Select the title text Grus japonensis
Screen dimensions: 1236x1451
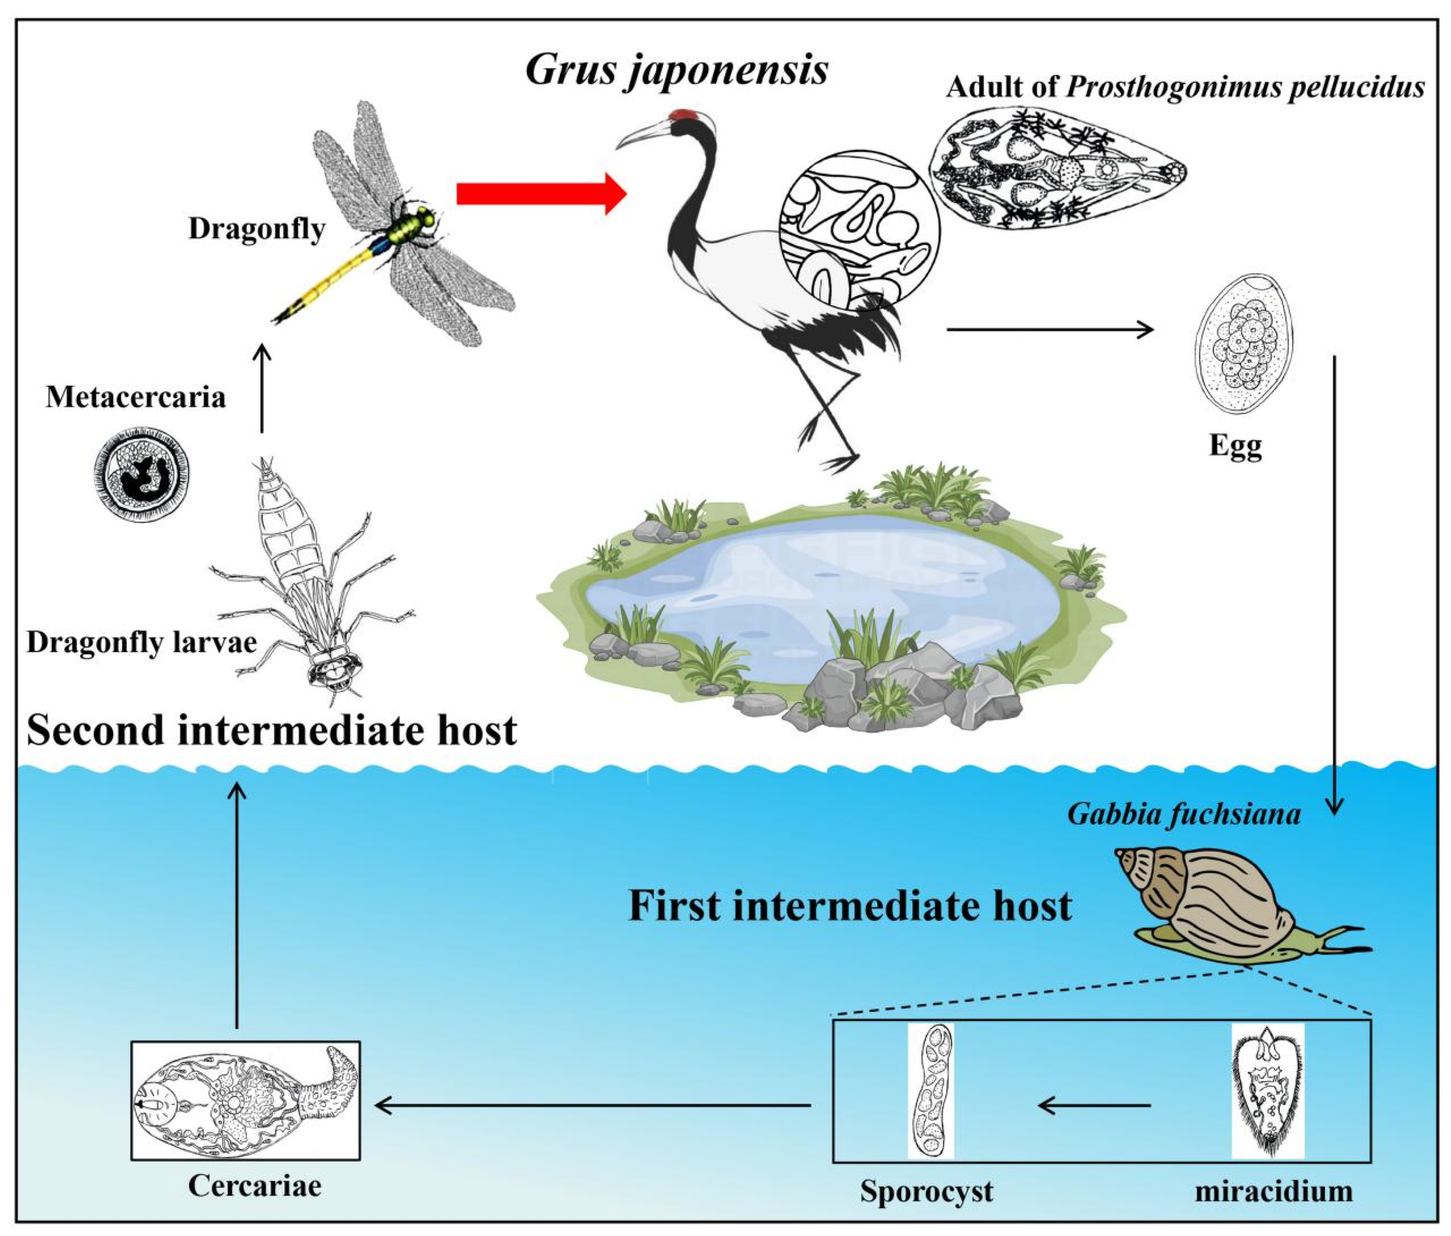click(677, 70)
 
